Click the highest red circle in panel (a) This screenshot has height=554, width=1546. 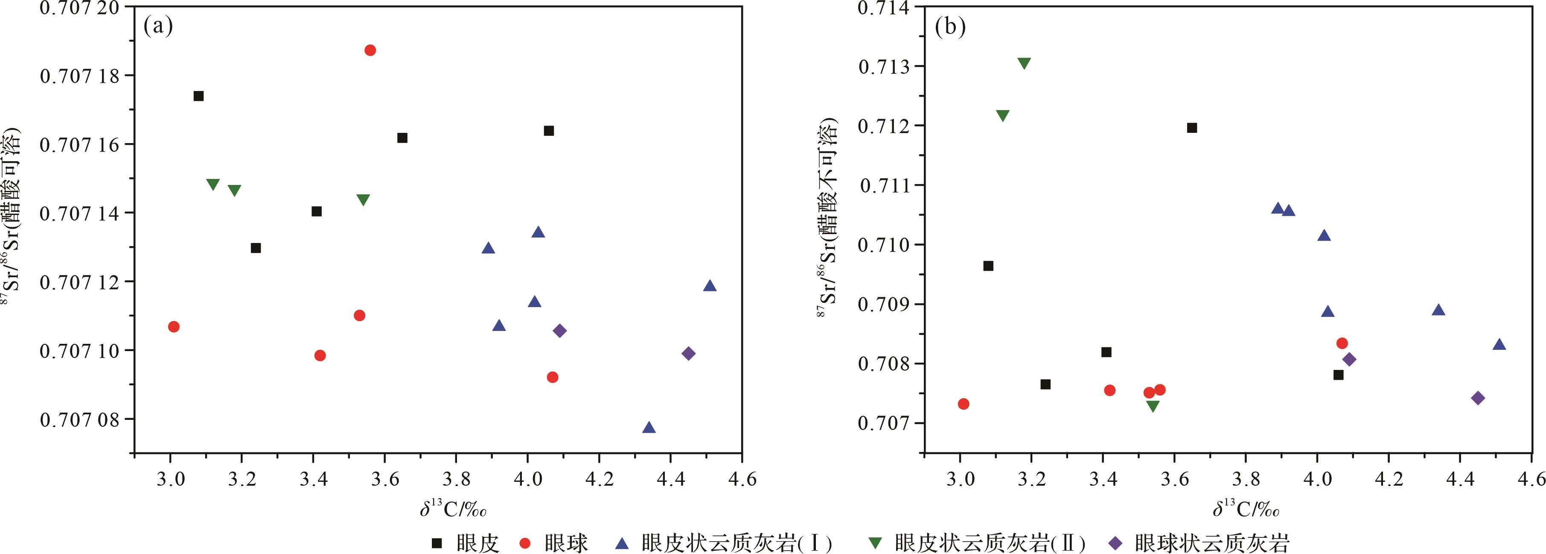coord(370,50)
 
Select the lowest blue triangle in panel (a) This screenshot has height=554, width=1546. coord(649,427)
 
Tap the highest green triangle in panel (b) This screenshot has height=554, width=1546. coord(1024,64)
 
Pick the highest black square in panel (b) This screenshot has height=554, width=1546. coord(1192,128)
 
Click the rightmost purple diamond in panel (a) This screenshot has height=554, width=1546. coord(688,353)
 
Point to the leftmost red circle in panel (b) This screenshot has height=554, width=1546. coord(963,404)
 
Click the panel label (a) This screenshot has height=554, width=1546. coord(158,26)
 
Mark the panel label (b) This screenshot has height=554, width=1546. coord(950,26)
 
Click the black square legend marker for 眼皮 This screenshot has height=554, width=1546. coord(437,543)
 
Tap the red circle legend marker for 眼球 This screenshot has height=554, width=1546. coord(525,543)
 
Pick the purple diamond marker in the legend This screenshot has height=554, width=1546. coord(1115,543)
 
